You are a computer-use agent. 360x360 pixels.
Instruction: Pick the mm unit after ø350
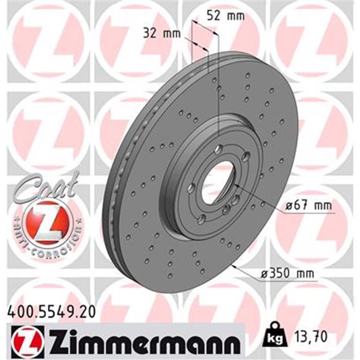coord(303,274)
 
